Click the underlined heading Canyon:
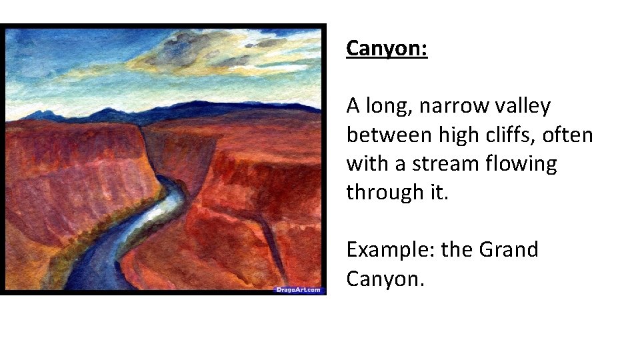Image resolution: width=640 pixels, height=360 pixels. coord(387,49)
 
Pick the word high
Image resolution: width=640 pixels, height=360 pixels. coord(459,135)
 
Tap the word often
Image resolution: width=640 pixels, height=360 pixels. coord(569,135)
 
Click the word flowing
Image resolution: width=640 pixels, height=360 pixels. coord(524,163)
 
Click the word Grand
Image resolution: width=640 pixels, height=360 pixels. coord(508,250)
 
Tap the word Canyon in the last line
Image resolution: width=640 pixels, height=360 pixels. coord(383,279)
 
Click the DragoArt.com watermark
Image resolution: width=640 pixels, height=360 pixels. coord(298,289)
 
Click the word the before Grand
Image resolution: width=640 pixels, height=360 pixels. coord(457,250)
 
